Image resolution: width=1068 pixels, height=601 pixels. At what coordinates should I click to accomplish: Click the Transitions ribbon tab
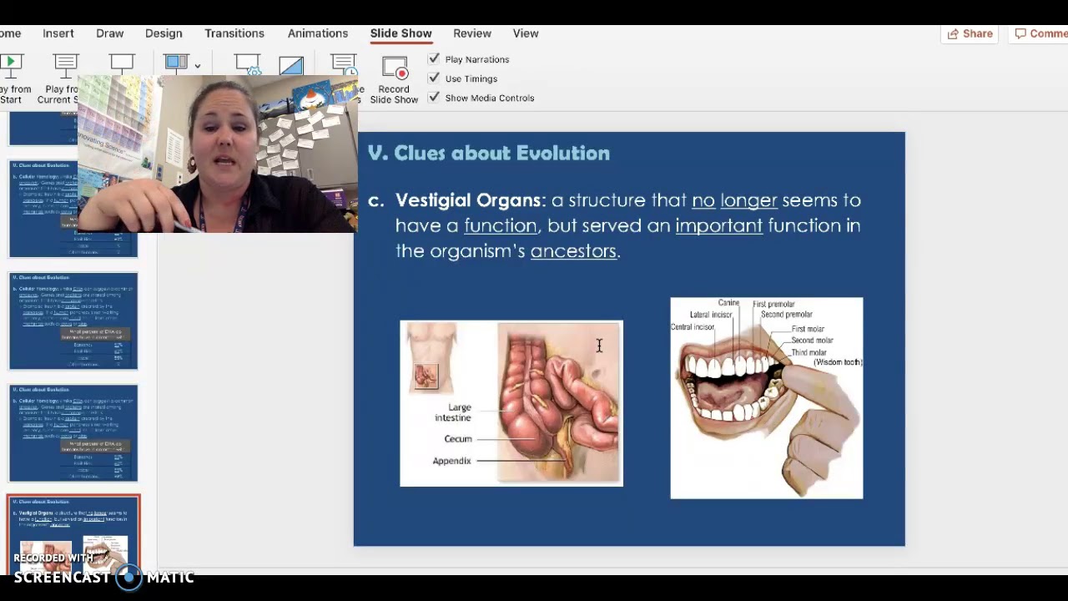coord(234,33)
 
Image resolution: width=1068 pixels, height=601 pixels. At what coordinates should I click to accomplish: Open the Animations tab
coord(318,33)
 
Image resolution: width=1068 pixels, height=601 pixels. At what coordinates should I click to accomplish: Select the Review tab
coord(472,33)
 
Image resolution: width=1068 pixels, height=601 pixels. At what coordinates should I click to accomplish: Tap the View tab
coord(526,33)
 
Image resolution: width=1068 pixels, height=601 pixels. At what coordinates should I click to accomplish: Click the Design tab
coord(164,33)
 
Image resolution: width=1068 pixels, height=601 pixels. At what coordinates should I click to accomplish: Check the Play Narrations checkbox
coord(434,59)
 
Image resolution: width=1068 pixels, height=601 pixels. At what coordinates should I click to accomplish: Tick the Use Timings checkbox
coord(434,78)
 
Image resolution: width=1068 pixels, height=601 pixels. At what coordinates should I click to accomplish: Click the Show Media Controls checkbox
coord(434,98)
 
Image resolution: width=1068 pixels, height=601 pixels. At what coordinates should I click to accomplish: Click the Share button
coord(970,33)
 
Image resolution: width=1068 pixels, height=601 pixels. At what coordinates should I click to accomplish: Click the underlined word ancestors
coord(573,251)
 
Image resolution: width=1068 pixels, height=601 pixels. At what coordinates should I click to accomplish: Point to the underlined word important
coord(718,225)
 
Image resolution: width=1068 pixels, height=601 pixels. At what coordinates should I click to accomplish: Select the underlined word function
coord(500,225)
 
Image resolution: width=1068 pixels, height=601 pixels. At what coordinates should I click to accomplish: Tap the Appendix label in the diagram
coord(451,461)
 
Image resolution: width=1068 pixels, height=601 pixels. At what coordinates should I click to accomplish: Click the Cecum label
coord(458,439)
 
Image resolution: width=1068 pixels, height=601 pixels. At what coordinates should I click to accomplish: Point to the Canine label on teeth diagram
coord(728,303)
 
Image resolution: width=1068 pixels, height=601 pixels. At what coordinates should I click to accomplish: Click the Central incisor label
coord(693,327)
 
